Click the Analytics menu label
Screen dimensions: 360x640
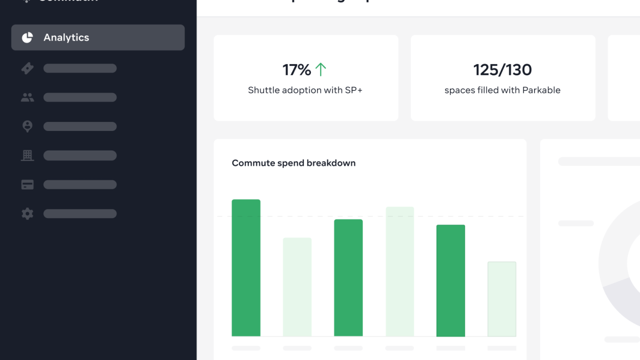click(x=66, y=37)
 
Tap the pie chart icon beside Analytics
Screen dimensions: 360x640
click(x=27, y=37)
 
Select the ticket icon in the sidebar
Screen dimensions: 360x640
click(x=27, y=68)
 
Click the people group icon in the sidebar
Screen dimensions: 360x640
click(x=27, y=97)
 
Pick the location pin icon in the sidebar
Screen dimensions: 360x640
click(x=27, y=126)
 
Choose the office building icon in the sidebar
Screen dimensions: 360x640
click(x=27, y=155)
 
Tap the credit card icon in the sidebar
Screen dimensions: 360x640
click(x=27, y=185)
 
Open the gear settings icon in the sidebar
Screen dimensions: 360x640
click(x=27, y=214)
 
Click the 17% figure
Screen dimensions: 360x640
click(x=296, y=70)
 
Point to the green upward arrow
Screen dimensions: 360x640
click(x=320, y=69)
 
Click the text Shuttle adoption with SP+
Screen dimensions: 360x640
click(x=305, y=90)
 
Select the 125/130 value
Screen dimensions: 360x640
click(x=502, y=70)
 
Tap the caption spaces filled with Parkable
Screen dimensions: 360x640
click(x=502, y=90)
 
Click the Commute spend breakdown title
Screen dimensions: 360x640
click(x=293, y=163)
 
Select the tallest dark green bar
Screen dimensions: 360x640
click(x=246, y=267)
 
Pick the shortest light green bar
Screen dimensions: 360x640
click(x=501, y=299)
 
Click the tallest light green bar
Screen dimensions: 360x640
click(x=399, y=271)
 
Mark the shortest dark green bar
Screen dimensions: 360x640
click(x=450, y=280)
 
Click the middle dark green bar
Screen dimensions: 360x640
click(x=348, y=277)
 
